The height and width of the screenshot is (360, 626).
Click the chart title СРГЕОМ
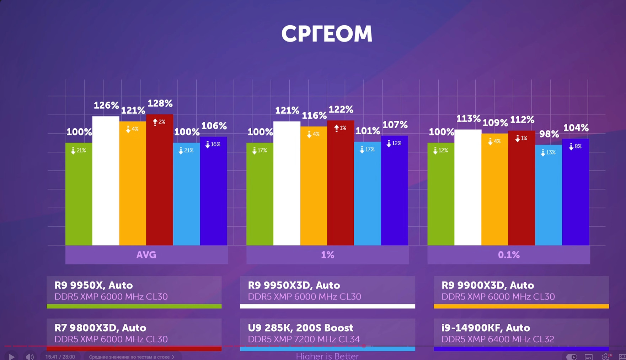(x=327, y=34)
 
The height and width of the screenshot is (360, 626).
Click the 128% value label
(x=160, y=103)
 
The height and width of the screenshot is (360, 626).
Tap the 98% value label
(x=549, y=134)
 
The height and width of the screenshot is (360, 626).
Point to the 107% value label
(x=395, y=125)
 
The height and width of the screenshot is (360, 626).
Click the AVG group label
(x=146, y=255)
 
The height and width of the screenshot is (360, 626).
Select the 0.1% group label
(x=509, y=255)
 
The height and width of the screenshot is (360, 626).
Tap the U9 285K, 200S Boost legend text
(x=301, y=328)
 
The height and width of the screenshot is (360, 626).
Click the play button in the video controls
(x=11, y=356)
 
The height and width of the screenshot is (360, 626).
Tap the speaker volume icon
(x=30, y=356)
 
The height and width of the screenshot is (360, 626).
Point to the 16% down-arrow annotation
(x=213, y=144)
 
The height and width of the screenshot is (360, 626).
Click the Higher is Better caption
(x=327, y=356)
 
